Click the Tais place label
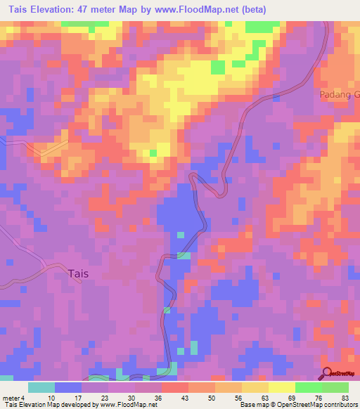(78, 274)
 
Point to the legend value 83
(344, 397)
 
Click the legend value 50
(211, 397)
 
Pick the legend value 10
(50, 397)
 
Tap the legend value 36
(157, 397)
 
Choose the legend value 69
(290, 397)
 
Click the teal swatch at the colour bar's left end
(41, 387)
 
